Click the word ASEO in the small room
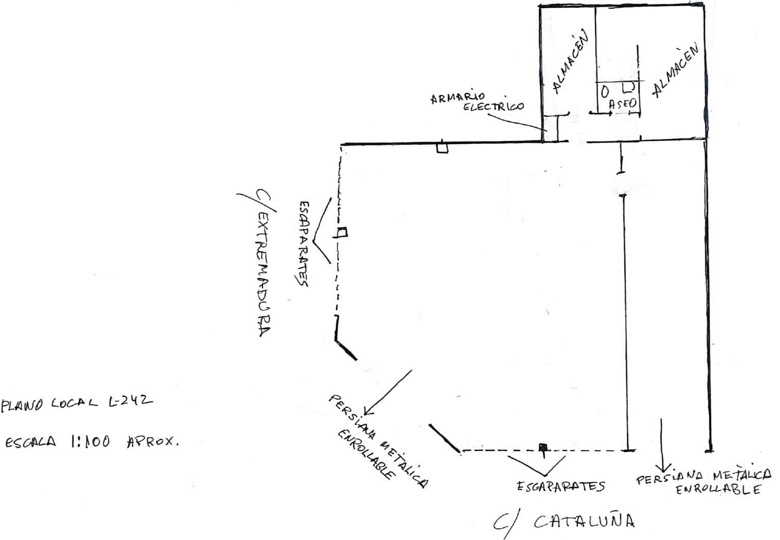coord(622,103)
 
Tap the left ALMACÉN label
coord(570,62)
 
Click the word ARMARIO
coord(458,98)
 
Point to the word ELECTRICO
coord(493,106)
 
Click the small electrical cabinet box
coord(550,129)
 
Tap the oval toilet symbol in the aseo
coord(605,92)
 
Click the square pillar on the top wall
coord(442,148)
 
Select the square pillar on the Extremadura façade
coord(342,232)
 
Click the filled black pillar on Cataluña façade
coord(543,447)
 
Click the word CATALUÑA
coord(584,521)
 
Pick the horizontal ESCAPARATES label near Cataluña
coord(561,486)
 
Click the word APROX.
coord(153,442)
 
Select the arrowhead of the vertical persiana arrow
coord(663,468)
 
